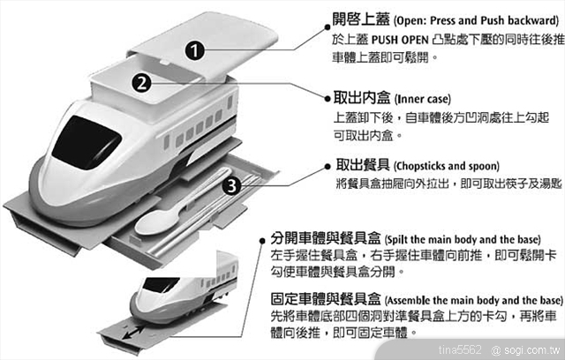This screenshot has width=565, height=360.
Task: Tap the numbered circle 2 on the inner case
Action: point(139,83)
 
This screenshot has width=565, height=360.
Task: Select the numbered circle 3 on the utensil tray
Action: point(229,186)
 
